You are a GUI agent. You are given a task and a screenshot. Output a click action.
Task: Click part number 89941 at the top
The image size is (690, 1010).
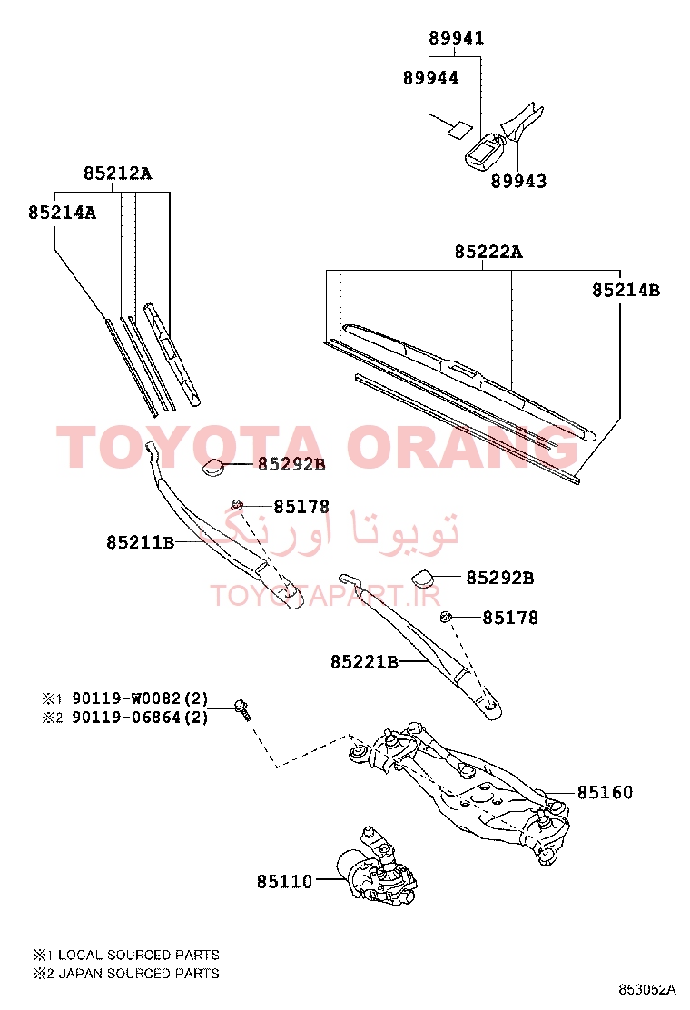tap(457, 38)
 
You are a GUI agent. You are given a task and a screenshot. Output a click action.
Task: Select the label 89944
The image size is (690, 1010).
tap(430, 78)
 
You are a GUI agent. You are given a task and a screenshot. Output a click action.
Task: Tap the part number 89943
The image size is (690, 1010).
tap(518, 181)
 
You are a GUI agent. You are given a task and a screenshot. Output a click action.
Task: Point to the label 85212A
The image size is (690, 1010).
tap(117, 173)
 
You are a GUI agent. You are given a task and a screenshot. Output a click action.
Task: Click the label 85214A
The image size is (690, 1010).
tap(62, 213)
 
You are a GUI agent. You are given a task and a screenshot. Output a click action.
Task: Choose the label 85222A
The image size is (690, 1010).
tap(488, 252)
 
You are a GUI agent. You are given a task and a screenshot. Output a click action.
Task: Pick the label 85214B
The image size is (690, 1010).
tap(626, 290)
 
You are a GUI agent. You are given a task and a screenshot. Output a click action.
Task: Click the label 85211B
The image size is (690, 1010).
tap(141, 542)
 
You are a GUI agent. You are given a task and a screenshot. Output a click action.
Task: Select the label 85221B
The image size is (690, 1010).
tap(364, 661)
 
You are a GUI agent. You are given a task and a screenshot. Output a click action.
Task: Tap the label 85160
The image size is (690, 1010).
tap(605, 792)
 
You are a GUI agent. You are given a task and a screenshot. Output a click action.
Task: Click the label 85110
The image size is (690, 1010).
tap(284, 881)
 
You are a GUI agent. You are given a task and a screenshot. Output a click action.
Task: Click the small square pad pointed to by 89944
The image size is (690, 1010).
tap(458, 130)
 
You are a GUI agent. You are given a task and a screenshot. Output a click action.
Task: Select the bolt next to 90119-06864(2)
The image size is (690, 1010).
tap(242, 710)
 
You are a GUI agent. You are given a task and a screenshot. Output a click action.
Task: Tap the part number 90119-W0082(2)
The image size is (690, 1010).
tap(140, 698)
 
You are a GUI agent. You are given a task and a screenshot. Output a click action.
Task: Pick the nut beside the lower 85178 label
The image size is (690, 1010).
tap(444, 618)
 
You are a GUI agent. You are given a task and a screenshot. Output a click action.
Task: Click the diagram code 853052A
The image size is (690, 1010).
tap(647, 989)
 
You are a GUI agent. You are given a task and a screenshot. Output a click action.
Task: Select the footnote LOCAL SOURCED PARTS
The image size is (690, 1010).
tap(139, 955)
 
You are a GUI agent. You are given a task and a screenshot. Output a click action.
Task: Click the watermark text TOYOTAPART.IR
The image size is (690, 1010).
tap(326, 596)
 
